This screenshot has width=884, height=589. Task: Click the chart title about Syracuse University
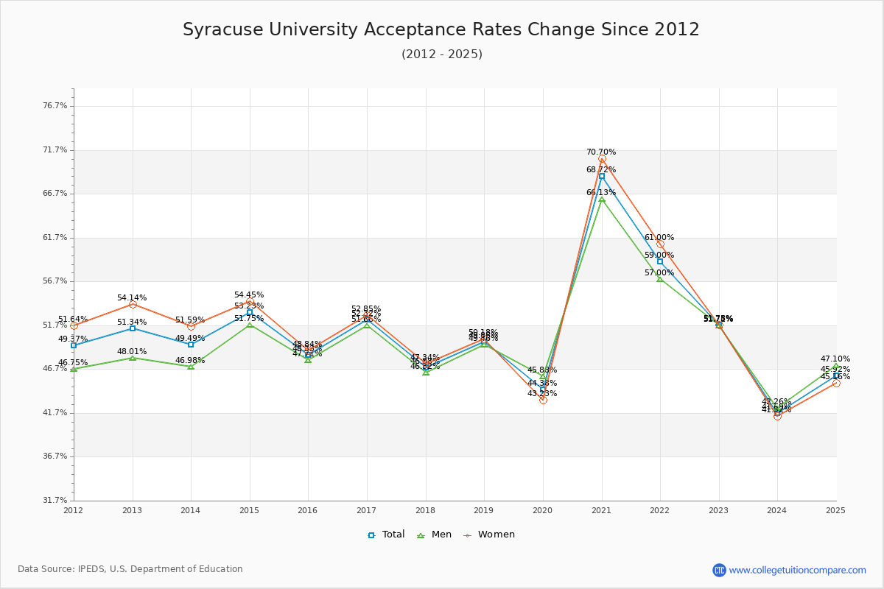[x=441, y=29]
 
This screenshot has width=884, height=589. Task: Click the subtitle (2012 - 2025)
[x=442, y=54]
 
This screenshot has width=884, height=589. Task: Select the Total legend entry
[x=387, y=535]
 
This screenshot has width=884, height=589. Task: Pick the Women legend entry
[x=489, y=535]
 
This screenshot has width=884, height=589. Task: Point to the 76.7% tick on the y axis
[x=55, y=105]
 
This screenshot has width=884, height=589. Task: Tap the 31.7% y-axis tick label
[x=55, y=500]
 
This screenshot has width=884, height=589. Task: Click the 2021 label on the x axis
[x=601, y=509]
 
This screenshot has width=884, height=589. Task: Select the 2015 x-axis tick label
[x=249, y=509]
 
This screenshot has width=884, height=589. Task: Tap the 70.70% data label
[x=601, y=152]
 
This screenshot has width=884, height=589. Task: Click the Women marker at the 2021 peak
[x=602, y=159]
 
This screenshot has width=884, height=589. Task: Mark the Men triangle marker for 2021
[x=602, y=199]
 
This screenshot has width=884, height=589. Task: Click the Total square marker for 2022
[x=660, y=261]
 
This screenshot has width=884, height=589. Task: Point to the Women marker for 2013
[x=133, y=304]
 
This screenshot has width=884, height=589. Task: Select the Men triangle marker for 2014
[x=191, y=366]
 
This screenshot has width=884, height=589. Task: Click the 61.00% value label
[x=659, y=237]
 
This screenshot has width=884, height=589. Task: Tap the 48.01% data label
[x=132, y=351]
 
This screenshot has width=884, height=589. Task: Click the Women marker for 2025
[x=836, y=383]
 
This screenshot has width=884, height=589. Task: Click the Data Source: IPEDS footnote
[x=130, y=569]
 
